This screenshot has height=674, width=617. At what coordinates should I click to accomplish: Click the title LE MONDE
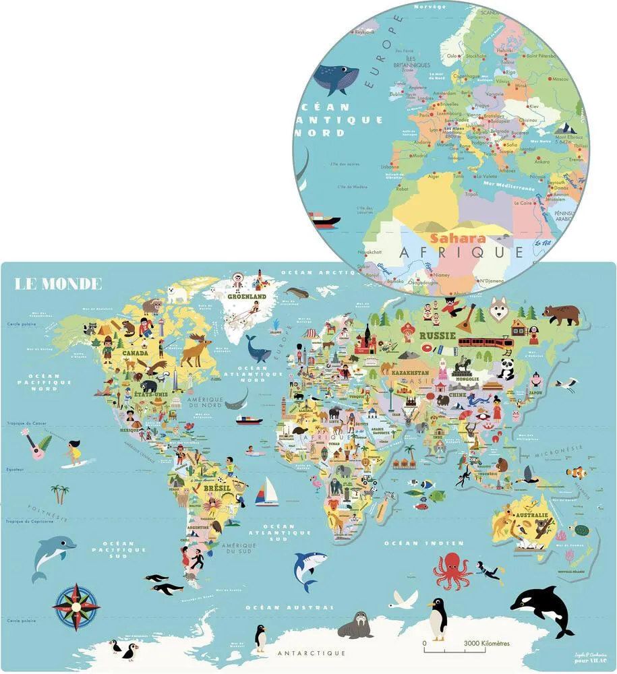(x=59, y=283)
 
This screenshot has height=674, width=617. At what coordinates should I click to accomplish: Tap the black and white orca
(x=543, y=609)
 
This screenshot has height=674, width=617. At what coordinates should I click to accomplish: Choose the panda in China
(x=505, y=367)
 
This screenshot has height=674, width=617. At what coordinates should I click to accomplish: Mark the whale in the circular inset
(x=336, y=79)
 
